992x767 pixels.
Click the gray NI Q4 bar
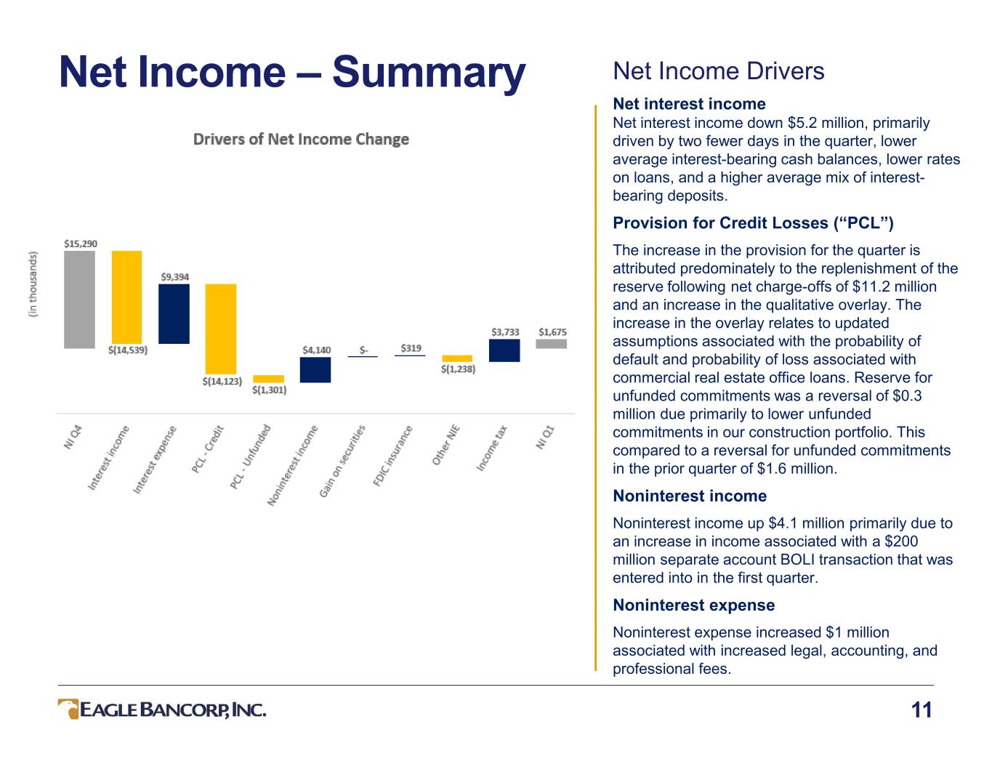click(79, 300)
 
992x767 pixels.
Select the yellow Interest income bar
click(126, 297)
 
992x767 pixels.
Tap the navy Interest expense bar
click(174, 313)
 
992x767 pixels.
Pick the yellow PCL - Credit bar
click(221, 329)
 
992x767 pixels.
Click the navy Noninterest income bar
click(315, 369)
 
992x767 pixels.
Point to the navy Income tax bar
click(504, 350)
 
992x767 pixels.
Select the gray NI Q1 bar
click(552, 344)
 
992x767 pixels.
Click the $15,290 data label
click(80, 244)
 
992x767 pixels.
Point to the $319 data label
click(411, 348)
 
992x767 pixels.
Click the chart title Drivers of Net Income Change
click(301, 139)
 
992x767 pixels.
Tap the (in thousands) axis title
click(32, 284)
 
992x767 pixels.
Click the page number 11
click(921, 710)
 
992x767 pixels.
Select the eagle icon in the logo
click(68, 709)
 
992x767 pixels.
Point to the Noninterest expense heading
click(693, 605)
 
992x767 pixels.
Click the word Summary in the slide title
click(429, 73)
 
